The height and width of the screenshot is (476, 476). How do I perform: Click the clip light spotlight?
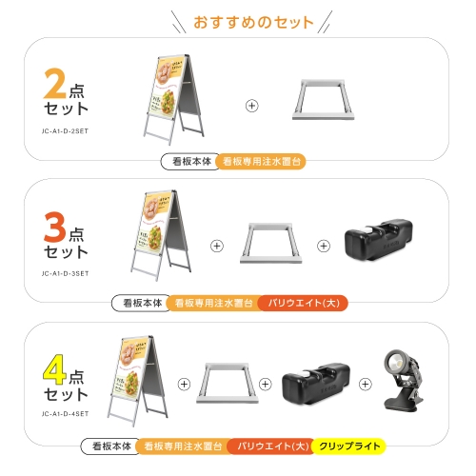tap(403, 378)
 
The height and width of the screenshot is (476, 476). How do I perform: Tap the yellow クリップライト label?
tap(348, 446)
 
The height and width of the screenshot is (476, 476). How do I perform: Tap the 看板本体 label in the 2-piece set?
tap(189, 162)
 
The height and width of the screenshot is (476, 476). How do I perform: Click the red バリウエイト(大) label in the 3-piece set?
tap(303, 304)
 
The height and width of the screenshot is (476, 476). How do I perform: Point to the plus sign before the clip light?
tap(365, 385)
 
